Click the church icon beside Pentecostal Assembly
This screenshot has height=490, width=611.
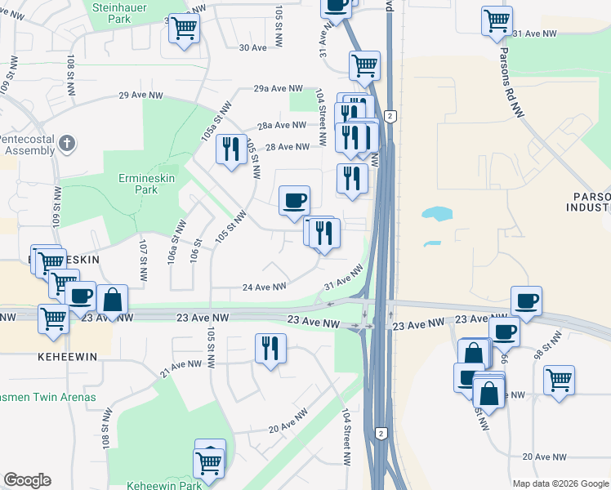(x=67, y=145)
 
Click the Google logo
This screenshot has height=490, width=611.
(x=27, y=480)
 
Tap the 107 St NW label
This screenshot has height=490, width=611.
(x=143, y=260)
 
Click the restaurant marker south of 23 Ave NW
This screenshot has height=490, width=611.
(x=270, y=349)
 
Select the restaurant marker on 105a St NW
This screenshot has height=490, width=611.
(x=231, y=149)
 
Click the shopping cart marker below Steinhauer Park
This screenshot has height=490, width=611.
(x=184, y=28)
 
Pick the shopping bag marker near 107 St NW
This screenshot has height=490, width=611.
(x=113, y=299)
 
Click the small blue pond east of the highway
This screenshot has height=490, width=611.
(x=437, y=215)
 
